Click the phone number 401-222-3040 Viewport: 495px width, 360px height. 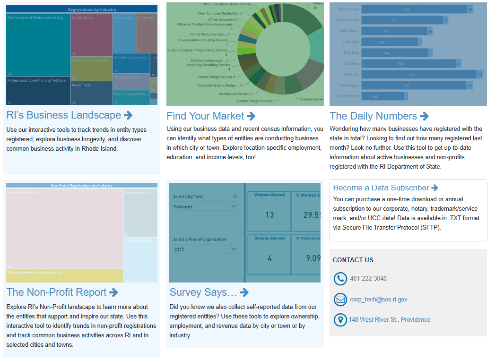click(x=368, y=279)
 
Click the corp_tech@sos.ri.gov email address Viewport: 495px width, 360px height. click(x=378, y=300)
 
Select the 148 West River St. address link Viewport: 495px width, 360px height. click(x=390, y=320)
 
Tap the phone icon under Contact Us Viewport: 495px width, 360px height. click(x=340, y=279)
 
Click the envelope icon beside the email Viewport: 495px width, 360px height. click(x=340, y=300)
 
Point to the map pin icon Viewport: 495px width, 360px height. click(x=340, y=320)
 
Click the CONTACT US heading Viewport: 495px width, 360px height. click(x=353, y=260)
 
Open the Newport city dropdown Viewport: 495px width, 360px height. click(x=205, y=207)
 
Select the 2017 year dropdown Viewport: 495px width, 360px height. click(x=205, y=249)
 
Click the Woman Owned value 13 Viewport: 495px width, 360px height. click(x=269, y=215)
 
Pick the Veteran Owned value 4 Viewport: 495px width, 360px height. click(x=269, y=258)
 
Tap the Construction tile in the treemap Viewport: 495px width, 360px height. click(x=91, y=34)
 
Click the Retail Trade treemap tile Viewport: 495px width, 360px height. click(x=91, y=93)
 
